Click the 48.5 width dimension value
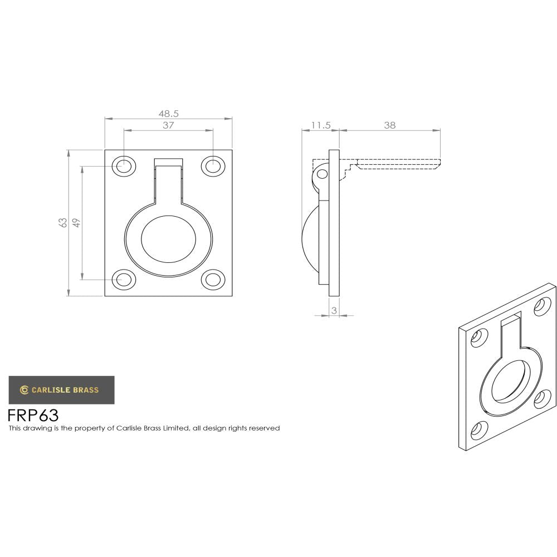(168, 113)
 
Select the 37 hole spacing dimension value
(168, 125)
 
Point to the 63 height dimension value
(63, 222)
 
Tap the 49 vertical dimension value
(77, 222)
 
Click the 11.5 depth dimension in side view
(320, 125)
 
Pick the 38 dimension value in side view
(389, 125)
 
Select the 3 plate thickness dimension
(334, 311)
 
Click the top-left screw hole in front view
(124, 165)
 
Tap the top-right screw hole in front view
(213, 165)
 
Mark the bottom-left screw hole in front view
(124, 279)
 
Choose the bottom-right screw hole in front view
(213, 279)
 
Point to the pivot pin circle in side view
(322, 174)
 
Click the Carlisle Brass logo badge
(61, 390)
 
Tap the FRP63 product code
(33, 416)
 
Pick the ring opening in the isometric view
(510, 382)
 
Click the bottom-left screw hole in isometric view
(477, 430)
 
